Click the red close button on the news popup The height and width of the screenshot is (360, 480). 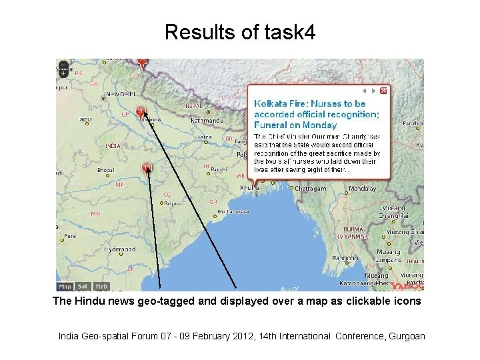[x=383, y=91]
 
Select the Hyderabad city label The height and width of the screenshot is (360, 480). [x=119, y=249]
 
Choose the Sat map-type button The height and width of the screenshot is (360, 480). [x=83, y=287]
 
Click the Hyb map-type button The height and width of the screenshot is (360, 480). [x=101, y=287]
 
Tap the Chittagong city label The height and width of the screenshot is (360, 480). [x=310, y=189]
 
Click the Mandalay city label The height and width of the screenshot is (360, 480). [x=363, y=189]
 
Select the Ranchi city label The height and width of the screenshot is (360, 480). [x=220, y=170]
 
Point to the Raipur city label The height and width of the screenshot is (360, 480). [x=172, y=203]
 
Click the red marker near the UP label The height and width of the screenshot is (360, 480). [x=141, y=111]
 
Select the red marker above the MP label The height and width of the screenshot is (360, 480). [x=147, y=167]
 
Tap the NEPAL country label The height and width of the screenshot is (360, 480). [x=193, y=106]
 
